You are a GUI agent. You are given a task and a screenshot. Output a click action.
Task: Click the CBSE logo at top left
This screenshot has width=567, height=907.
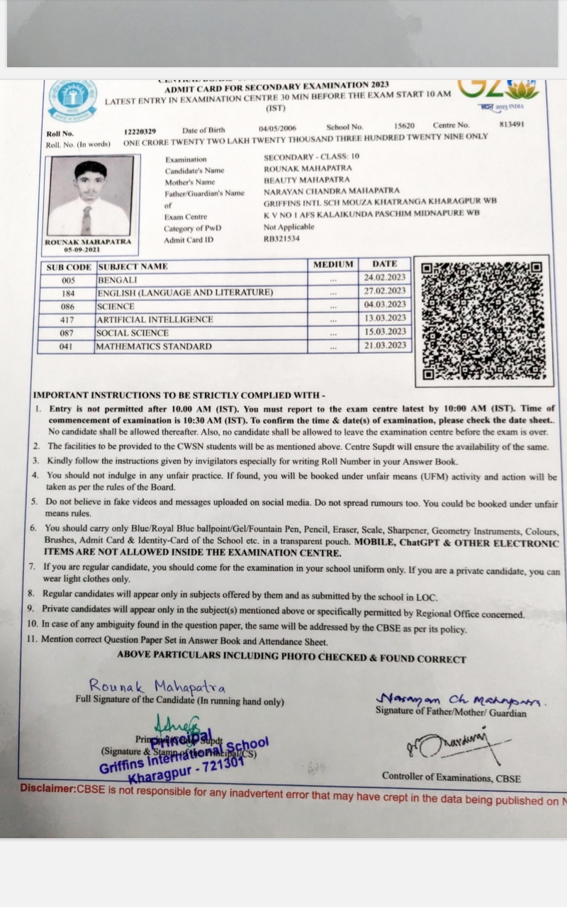point(72,101)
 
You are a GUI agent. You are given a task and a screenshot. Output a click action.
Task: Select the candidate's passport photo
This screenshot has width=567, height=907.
point(90,196)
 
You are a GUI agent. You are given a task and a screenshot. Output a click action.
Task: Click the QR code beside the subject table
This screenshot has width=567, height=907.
point(481,320)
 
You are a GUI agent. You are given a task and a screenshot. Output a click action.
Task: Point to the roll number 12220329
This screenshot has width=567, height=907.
point(140,132)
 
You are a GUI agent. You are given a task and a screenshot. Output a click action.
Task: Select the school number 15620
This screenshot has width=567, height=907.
point(405,125)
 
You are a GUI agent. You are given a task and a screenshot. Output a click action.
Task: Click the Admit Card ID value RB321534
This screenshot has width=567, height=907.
point(281,239)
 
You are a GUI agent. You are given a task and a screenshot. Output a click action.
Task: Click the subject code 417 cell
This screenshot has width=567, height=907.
point(68,320)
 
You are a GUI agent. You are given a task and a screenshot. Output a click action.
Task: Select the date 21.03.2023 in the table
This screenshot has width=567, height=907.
point(385,345)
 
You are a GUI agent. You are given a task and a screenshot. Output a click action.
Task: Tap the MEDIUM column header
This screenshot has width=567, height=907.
point(333,264)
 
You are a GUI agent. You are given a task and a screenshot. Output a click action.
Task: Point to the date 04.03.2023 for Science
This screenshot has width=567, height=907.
point(385,305)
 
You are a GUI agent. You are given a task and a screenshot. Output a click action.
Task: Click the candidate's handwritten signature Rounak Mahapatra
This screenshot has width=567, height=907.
point(157,686)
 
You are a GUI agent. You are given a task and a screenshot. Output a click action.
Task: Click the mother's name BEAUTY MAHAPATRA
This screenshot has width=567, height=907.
point(307,180)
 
